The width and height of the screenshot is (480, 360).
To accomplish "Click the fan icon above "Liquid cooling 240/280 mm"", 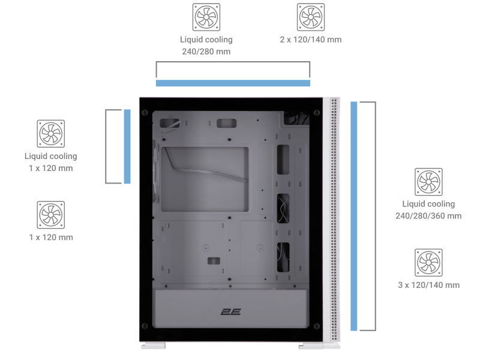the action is click(206, 17).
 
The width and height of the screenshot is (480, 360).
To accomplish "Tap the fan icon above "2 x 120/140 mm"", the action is click(311, 17).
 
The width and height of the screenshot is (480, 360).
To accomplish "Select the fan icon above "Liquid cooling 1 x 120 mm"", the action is click(51, 134).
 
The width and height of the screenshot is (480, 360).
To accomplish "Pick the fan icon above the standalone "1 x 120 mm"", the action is click(51, 215).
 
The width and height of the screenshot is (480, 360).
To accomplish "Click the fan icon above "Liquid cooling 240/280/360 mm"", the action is click(428, 182).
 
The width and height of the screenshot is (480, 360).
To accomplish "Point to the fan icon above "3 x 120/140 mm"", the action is click(428, 263).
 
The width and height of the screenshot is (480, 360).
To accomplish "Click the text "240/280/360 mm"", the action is click(428, 216).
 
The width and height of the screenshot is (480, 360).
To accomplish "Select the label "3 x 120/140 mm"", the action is click(428, 286).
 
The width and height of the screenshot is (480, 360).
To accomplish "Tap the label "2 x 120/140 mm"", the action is click(311, 40).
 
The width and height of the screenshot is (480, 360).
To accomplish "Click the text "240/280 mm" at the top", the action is click(206, 52).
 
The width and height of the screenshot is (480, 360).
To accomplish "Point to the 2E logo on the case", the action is click(230, 312).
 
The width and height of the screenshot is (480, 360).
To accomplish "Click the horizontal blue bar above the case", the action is click(233, 83).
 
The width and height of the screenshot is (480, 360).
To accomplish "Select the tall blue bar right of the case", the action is click(354, 216).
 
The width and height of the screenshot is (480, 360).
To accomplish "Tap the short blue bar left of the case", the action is click(127, 146).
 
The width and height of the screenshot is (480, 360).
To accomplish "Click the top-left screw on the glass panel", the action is click(145, 113).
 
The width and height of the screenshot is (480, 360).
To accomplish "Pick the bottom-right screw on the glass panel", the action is click(317, 326).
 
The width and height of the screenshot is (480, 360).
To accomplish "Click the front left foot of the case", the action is click(153, 346).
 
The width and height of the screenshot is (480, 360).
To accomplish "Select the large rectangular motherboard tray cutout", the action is click(205, 179).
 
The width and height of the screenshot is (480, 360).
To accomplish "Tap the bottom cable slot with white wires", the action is click(283, 257).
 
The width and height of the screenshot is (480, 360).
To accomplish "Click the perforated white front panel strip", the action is click(334, 220).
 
